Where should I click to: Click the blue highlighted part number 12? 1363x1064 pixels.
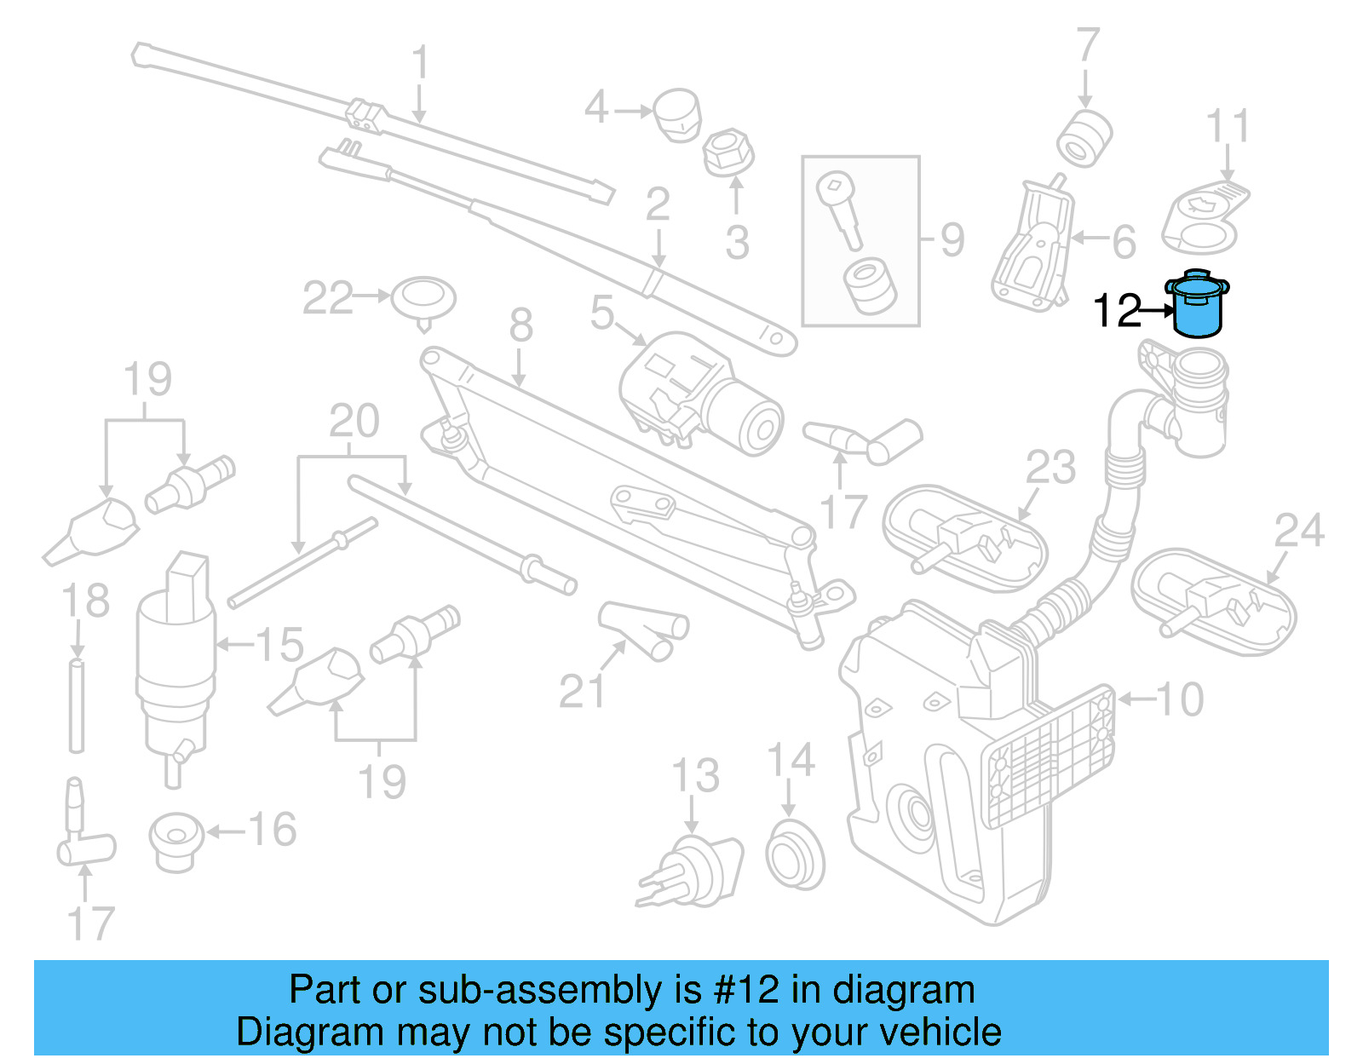coord(1197,307)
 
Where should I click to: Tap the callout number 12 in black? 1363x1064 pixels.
coord(1117,311)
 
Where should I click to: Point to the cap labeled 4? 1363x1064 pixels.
coord(677,116)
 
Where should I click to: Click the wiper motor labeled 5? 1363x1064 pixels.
coord(699,392)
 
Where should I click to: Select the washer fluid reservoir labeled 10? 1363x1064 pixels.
coord(946,767)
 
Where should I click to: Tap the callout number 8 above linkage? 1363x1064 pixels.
coord(520,325)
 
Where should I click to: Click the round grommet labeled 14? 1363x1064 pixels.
coord(795,854)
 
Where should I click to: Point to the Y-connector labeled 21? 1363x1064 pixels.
coord(644,630)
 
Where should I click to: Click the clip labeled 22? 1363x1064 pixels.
coord(423,299)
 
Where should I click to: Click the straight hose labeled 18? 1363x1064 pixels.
coord(77,705)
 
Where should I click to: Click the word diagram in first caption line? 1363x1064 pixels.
coord(902,990)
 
